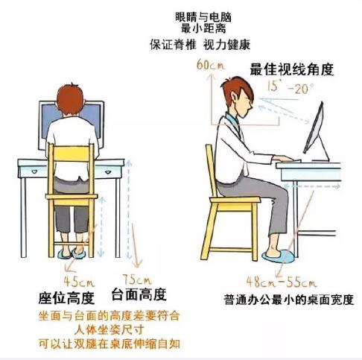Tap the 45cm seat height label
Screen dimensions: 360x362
pos(76,282)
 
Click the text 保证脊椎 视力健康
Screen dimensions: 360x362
pos(182,43)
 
